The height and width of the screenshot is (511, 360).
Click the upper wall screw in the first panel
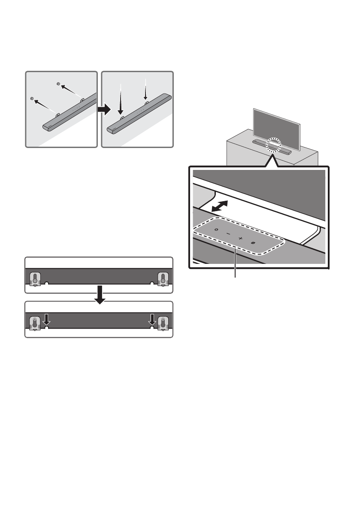[x=58, y=84]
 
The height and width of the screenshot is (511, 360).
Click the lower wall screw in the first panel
[x=32, y=98]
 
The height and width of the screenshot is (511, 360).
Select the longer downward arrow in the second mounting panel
[x=121, y=101]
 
